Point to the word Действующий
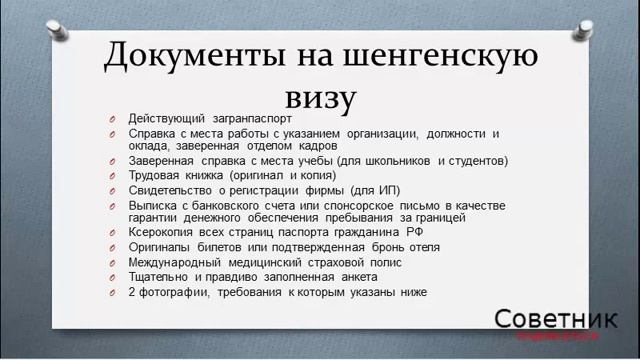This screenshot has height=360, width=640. [x=167, y=118]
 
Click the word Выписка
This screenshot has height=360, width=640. [x=152, y=204]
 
